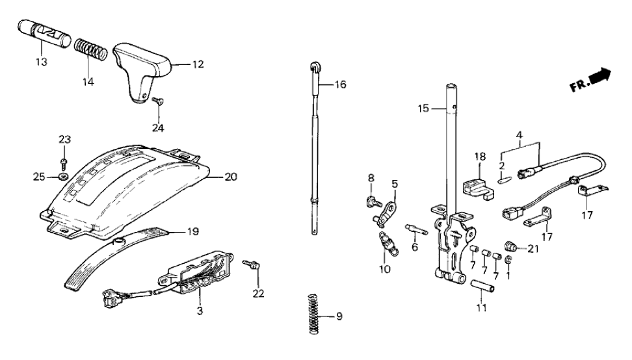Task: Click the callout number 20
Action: tap(231, 176)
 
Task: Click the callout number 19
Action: tap(194, 231)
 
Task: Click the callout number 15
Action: tap(423, 109)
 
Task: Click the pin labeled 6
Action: tap(414, 228)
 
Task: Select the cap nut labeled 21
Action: tap(511, 246)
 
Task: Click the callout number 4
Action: tap(519, 136)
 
